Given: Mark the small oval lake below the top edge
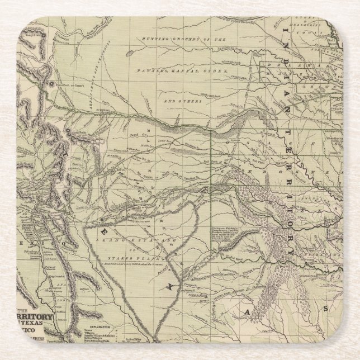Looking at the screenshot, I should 130,54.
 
